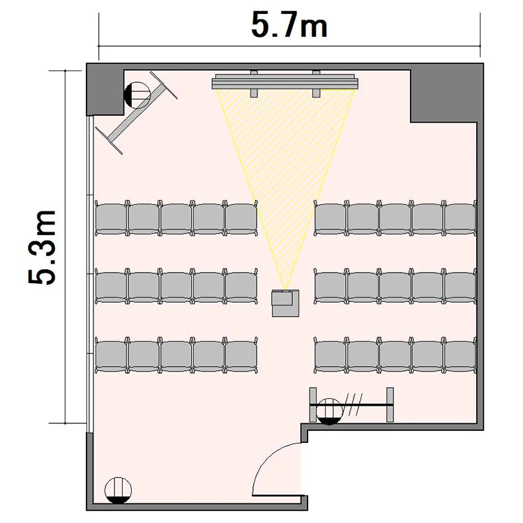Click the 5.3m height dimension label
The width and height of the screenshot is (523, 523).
pos(42,247)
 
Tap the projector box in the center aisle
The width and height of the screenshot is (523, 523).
pos(285,303)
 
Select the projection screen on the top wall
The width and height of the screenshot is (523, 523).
pos(285,82)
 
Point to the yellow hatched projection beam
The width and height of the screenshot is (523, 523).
pos(285,167)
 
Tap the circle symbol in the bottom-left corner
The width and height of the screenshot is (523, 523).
pos(118,490)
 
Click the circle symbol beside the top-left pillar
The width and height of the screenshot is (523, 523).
pos(137,95)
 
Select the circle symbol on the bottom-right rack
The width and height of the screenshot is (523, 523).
pos(329,411)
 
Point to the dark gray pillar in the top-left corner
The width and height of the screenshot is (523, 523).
pos(105,89)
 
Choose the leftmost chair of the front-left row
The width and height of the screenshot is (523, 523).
pos(111,218)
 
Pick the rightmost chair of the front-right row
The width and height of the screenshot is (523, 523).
pos(460,218)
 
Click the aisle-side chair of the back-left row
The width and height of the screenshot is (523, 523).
pos(241,355)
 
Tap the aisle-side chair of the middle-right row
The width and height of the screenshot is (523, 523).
pos(331,286)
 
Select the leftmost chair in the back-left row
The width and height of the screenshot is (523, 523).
pos(111,355)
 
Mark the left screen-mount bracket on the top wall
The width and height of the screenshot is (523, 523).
pos(254,84)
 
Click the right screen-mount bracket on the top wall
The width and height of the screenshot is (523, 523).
pos(316,84)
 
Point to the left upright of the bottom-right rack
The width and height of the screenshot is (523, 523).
pos(313,405)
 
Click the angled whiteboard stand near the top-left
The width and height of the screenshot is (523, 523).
pos(136,112)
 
